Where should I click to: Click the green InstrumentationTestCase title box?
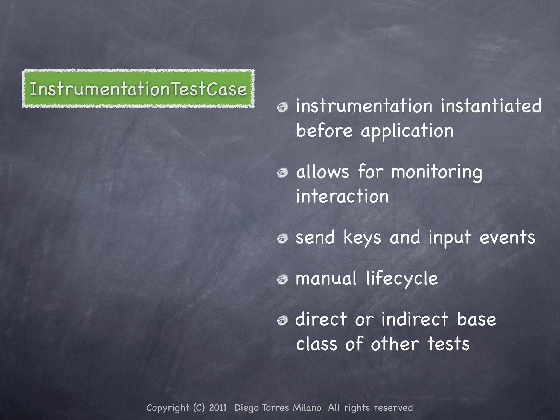click(x=138, y=88)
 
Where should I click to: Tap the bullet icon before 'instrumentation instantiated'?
click(x=282, y=107)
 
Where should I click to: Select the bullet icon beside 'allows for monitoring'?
click(x=282, y=173)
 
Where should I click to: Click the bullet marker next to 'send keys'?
click(x=282, y=238)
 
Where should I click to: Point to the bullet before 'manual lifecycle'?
click(x=282, y=279)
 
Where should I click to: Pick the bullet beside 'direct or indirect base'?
click(x=282, y=320)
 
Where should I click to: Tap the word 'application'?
click(x=407, y=131)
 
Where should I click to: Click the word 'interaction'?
click(x=342, y=196)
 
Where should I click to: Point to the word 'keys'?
click(x=362, y=238)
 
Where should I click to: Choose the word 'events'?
click(x=507, y=237)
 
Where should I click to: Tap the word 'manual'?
click(x=326, y=278)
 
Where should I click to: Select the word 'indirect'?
click(x=415, y=319)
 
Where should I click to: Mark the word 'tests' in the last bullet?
click(x=448, y=344)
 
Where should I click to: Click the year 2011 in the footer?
click(x=218, y=408)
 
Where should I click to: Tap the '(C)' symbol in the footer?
click(x=199, y=408)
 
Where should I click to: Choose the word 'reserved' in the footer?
click(x=393, y=408)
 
